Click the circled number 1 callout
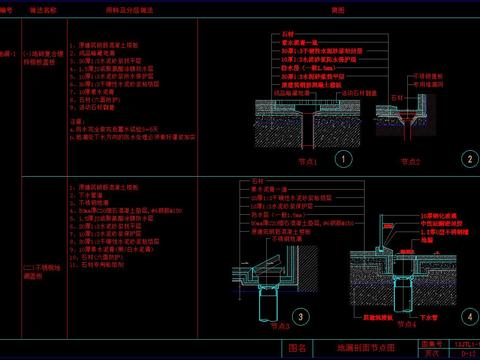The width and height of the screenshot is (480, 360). pos(342,158)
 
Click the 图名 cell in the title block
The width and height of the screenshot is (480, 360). pos(296,348)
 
